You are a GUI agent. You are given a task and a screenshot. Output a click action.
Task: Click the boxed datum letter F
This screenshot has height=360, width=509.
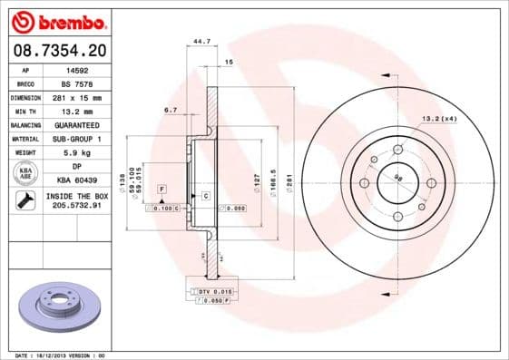[x=162, y=187]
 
